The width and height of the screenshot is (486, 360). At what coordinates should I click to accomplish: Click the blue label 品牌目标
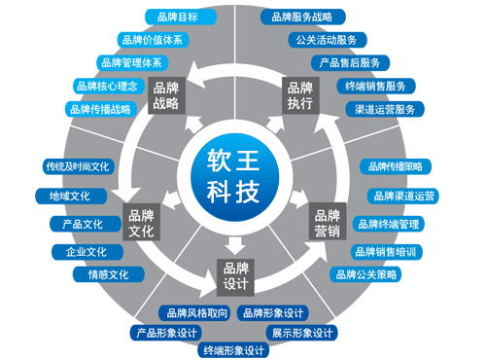pyautogui.click(x=175, y=17)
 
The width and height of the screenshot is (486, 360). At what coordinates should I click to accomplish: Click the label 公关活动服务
pyautogui.click(x=326, y=40)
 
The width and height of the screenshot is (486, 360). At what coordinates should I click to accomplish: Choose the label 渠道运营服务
pyautogui.click(x=386, y=109)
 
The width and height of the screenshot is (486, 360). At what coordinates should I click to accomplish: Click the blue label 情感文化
pyautogui.click(x=107, y=275)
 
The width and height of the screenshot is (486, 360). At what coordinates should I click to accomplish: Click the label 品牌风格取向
pyautogui.click(x=194, y=313)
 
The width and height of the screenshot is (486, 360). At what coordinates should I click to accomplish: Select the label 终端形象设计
pyautogui.click(x=233, y=350)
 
